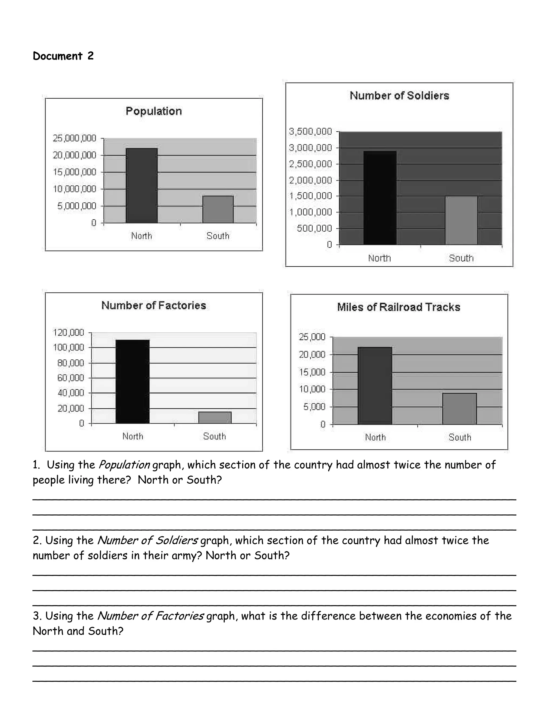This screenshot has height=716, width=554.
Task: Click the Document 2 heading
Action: pos(63,56)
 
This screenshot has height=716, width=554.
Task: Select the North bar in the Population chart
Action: pos(141,186)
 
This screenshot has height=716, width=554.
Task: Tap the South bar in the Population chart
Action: pos(218,209)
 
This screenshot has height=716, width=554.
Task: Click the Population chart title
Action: pos(154,111)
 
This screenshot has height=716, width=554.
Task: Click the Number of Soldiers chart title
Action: pos(399,96)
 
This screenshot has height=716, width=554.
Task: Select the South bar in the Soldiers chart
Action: pos(461,220)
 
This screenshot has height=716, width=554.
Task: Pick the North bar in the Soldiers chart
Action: pos(380,198)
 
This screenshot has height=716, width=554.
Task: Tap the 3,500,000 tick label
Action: pos(311,132)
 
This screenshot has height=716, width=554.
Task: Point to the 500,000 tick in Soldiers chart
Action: pos(314,229)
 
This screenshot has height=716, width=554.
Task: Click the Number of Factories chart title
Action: pos(154,306)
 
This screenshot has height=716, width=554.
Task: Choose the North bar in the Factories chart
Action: pos(133,381)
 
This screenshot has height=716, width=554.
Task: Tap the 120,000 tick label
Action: pos(69,333)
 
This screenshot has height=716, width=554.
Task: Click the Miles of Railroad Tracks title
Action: pos(398,307)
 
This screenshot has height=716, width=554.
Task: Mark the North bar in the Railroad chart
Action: pos(375,386)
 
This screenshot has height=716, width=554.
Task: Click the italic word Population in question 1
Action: pos(124,465)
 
